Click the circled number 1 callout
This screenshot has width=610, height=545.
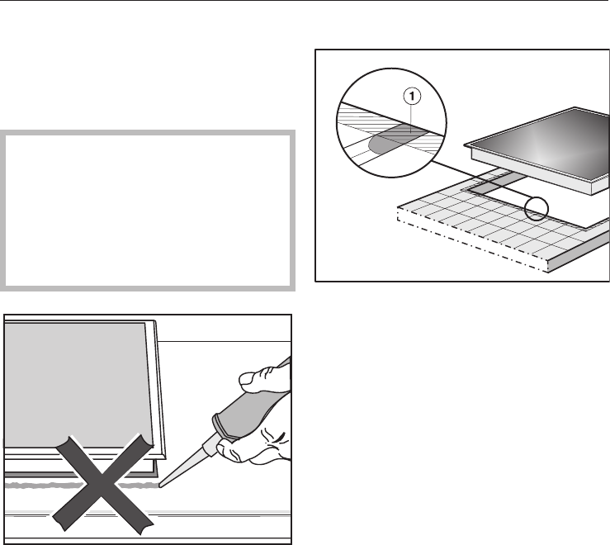pos(412,96)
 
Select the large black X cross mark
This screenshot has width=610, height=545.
pos(102,482)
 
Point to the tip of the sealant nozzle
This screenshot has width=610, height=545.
pos(159,486)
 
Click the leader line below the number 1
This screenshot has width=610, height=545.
pos(412,119)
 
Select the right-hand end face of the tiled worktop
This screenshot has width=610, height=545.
pos(579,252)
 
